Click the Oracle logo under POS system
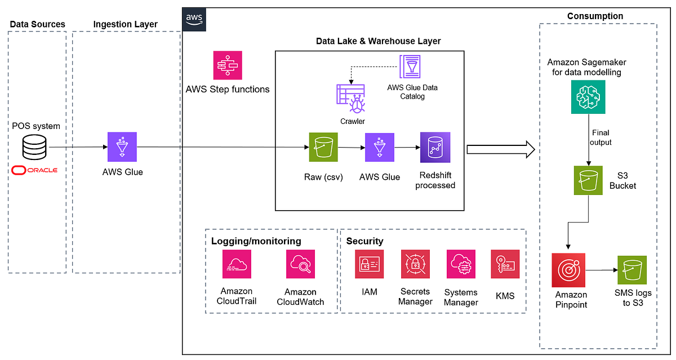pyautogui.click(x=34, y=170)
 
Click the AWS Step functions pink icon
pyautogui.click(x=228, y=65)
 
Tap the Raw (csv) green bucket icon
pyautogui.click(x=323, y=147)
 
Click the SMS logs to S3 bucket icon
pyautogui.click(x=631, y=270)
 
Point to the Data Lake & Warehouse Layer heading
pyautogui.click(x=378, y=41)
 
